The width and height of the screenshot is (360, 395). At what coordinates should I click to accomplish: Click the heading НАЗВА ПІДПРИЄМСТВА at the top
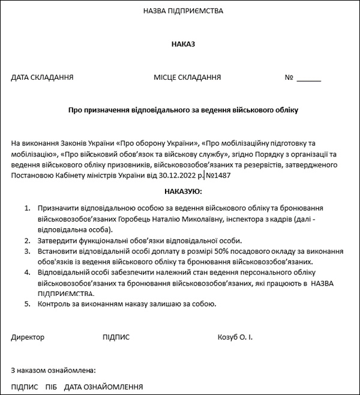(183, 11)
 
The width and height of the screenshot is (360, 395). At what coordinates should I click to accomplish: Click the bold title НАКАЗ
(183, 44)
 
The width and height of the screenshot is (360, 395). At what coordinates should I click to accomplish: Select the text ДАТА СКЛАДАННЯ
(42, 77)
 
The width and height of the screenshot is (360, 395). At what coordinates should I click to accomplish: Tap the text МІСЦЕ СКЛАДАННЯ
(187, 77)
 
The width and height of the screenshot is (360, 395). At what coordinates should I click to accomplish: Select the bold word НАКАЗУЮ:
(183, 191)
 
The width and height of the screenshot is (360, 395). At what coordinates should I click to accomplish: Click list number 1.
(26, 208)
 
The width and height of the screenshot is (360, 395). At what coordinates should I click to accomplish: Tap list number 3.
(26, 252)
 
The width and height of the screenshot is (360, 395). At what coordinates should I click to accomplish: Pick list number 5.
(26, 304)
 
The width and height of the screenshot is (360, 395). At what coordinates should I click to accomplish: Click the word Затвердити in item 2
(57, 240)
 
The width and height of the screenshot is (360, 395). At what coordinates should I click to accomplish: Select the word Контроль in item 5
(53, 304)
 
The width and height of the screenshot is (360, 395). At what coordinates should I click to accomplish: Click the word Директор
(28, 337)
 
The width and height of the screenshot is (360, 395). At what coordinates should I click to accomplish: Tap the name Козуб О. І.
(235, 337)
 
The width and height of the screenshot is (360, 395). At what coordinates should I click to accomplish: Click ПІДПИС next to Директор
(116, 337)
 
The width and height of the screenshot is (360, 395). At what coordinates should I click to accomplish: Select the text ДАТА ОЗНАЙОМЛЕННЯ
(103, 387)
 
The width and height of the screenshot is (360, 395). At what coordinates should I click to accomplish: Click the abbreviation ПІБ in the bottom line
(51, 387)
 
